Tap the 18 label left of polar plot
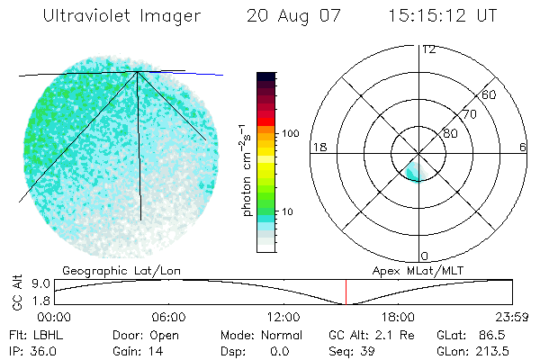click(318, 147)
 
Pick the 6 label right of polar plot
click(523, 147)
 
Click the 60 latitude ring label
click(490, 94)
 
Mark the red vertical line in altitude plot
click(346, 292)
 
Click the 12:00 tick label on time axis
click(283, 317)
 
